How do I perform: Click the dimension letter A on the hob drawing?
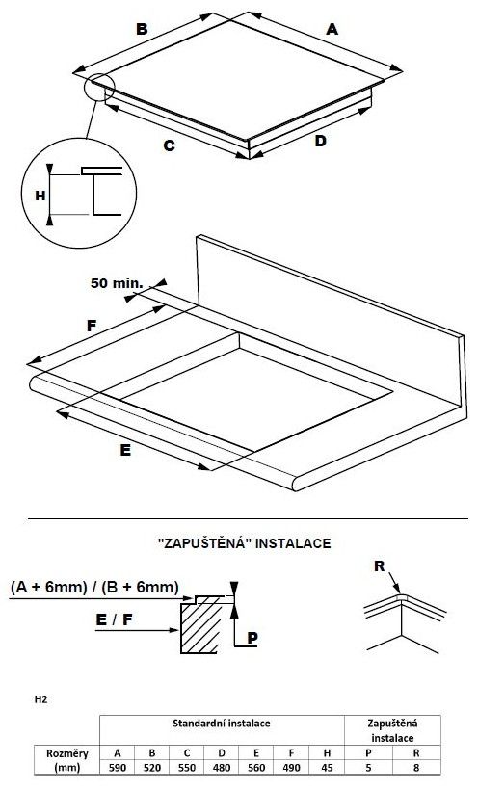[x=332, y=29]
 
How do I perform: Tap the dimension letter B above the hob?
[x=143, y=29]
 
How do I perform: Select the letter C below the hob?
[x=169, y=145]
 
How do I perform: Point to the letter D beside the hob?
[x=320, y=141]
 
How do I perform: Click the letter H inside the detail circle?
[x=40, y=196]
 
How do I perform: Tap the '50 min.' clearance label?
[x=117, y=283]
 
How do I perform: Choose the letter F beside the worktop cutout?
[x=91, y=326]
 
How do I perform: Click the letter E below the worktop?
[x=125, y=450]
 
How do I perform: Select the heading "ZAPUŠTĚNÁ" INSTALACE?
[x=245, y=543]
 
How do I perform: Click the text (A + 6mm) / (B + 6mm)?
[x=94, y=588]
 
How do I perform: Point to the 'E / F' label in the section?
[x=114, y=619]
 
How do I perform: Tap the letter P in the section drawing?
[x=252, y=638]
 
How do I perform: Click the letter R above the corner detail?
[x=379, y=566]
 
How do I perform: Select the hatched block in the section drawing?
[x=201, y=627]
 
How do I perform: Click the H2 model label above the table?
[x=40, y=699]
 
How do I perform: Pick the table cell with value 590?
[x=118, y=767]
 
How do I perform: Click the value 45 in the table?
[x=327, y=767]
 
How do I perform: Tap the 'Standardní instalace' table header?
[x=222, y=724]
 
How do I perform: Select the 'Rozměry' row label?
[x=67, y=753]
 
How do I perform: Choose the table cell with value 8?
[x=416, y=767]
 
